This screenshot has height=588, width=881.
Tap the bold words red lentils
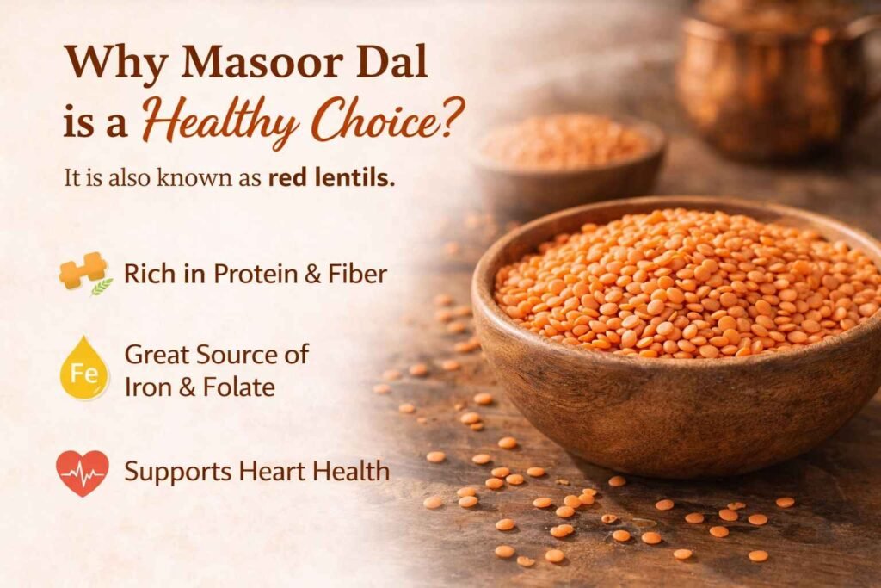[331, 180]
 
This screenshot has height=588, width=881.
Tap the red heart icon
[83, 472]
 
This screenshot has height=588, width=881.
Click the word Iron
[147, 387]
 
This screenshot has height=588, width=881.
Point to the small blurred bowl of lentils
[568, 155]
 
